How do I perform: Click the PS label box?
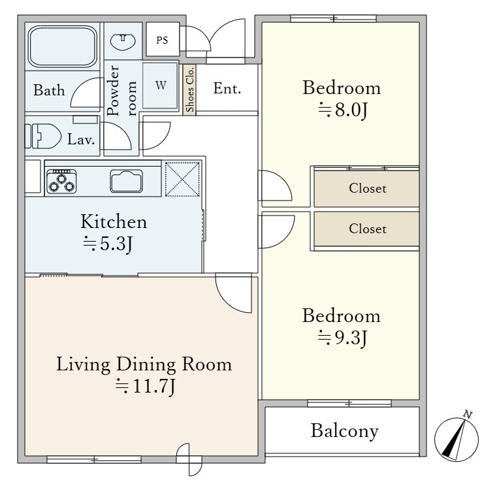coord(162,40)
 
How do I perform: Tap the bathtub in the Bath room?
coord(63,46)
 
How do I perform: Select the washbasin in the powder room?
coord(123,40)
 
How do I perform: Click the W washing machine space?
coord(160,86)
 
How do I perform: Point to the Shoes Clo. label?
coord(189,89)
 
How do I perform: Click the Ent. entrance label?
coord(227,88)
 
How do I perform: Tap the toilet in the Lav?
coord(43,136)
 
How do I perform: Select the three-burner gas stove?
coord(61,182)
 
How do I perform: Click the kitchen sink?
coord(126,181)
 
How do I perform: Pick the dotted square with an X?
coord(182,179)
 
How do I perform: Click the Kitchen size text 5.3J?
coord(108,244)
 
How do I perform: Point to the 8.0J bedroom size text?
coord(343,110)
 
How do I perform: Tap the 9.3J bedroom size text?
coord(343,338)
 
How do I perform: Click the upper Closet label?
coord(368,188)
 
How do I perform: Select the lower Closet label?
coord(368,229)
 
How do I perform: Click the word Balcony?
coord(345,432)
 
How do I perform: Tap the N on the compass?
coord(467,414)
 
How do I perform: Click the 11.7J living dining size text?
coord(145,386)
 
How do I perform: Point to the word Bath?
coord(49,90)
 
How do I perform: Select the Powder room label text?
coord(121,91)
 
